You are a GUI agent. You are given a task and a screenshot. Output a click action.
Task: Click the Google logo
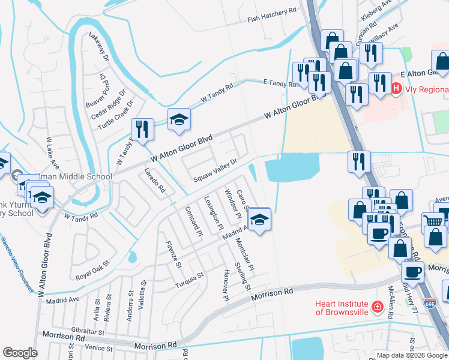coord(20,353)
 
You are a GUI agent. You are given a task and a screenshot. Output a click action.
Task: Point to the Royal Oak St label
coord(92,271)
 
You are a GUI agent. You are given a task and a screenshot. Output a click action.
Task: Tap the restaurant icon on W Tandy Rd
coord(142,130)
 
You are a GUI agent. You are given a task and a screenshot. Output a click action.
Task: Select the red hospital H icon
coord(397,89)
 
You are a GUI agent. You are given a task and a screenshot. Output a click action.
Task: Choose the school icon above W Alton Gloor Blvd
coord(179,120)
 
